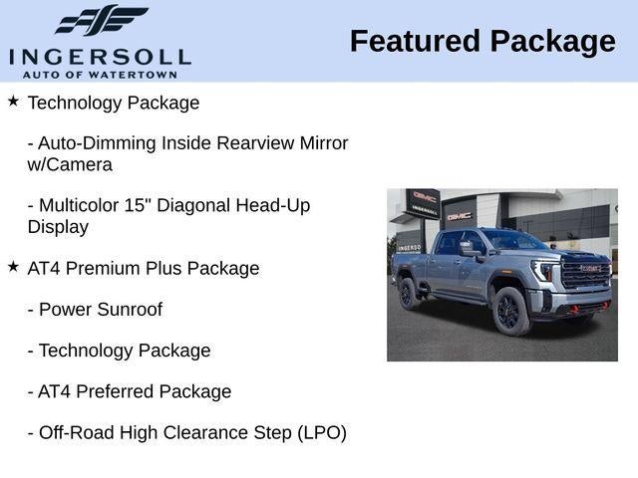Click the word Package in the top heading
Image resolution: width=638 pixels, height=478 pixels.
pos(553,41)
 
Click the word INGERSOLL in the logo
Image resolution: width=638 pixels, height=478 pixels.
pos(100,56)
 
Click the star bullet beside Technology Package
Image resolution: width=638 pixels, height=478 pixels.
pos(13,101)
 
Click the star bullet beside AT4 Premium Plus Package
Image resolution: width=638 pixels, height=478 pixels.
pos(13,266)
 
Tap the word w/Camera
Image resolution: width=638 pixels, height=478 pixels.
pos(70,164)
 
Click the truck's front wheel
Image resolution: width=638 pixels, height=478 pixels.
pos(509,311)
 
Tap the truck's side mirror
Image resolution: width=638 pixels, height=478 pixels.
pos(467,248)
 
